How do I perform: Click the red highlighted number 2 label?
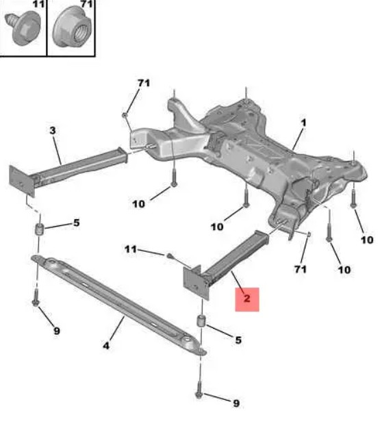(x=247, y=299)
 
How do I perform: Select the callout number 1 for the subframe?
(x=303, y=123)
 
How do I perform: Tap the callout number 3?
(x=53, y=130)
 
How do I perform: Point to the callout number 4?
(x=106, y=346)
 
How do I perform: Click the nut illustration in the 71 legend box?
(x=73, y=28)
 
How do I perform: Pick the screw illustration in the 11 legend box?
(x=23, y=27)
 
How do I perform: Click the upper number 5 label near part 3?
(x=77, y=223)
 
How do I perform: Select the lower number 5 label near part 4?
(x=238, y=340)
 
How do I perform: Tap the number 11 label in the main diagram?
(x=131, y=249)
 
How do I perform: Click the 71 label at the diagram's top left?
(x=144, y=83)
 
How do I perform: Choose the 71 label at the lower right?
(x=300, y=269)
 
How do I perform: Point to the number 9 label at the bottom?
(x=236, y=403)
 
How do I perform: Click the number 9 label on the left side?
(x=57, y=331)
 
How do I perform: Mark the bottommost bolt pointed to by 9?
(x=199, y=390)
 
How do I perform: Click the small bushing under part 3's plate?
(x=40, y=229)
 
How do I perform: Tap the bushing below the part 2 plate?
(x=201, y=320)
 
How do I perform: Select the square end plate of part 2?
(x=195, y=283)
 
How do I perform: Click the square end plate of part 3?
(x=22, y=181)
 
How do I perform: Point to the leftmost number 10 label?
(x=138, y=203)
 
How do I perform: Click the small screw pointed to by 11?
(x=170, y=255)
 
